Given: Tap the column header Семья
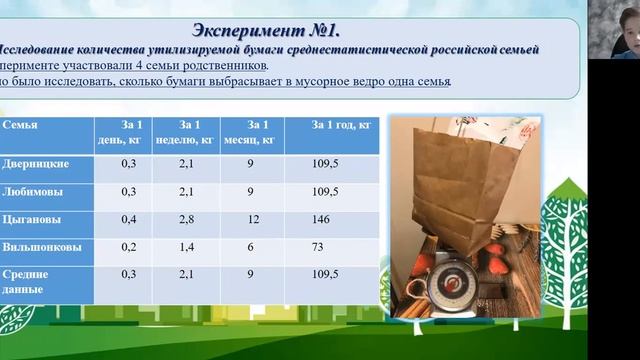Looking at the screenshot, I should (x=21, y=125).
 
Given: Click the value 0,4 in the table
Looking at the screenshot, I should (x=128, y=218).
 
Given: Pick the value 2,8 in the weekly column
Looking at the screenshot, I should (x=186, y=218).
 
